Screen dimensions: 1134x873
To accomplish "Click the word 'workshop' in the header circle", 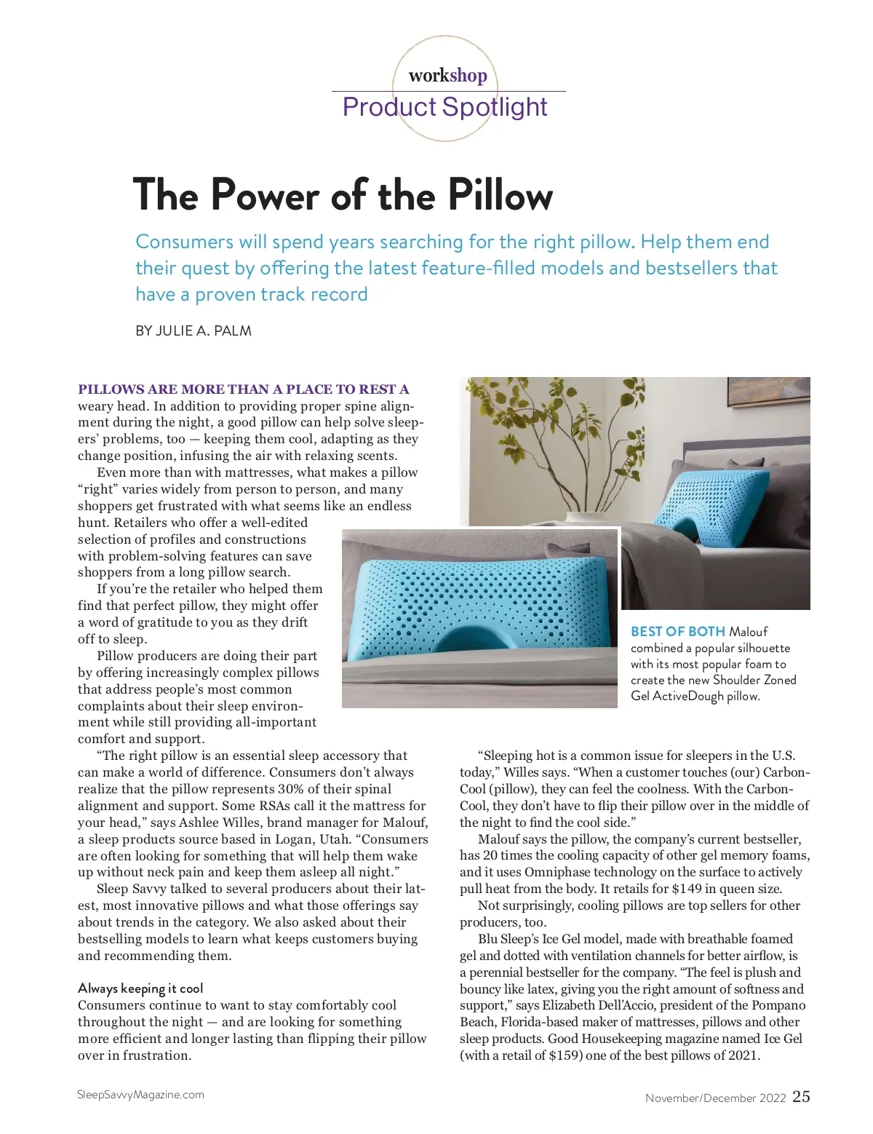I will (x=447, y=75).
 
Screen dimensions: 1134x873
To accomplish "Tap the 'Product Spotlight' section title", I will (x=445, y=107).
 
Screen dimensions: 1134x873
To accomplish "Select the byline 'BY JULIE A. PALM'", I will (x=194, y=330).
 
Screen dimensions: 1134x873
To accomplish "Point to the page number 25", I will (x=801, y=1096).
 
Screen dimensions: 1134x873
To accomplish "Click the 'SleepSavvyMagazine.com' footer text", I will (x=140, y=1095).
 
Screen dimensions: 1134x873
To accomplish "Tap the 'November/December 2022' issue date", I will (x=715, y=1098).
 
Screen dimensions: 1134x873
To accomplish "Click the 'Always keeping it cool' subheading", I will (x=140, y=988).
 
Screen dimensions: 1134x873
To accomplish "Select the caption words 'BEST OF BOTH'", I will (x=677, y=631).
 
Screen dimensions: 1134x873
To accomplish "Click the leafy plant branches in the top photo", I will (x=553, y=429).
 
